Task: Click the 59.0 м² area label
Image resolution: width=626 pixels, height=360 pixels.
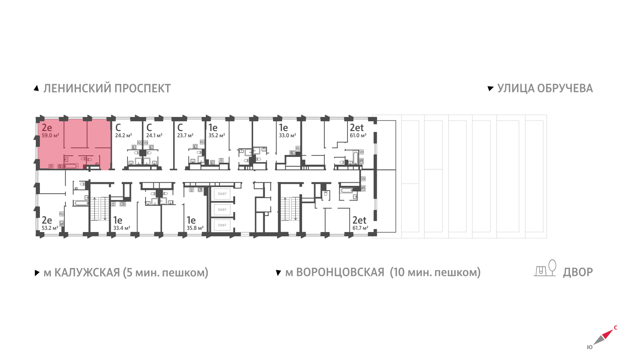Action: pyautogui.click(x=50, y=135)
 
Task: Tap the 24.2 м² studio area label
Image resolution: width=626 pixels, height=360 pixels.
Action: pyautogui.click(x=124, y=135)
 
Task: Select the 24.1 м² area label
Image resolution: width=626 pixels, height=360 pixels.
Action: pyautogui.click(x=154, y=135)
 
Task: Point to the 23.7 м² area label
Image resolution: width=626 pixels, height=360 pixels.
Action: pyautogui.click(x=185, y=135)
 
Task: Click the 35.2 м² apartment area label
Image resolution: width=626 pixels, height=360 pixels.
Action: pyautogui.click(x=217, y=135)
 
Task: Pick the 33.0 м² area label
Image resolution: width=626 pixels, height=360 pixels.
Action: pyautogui.click(x=287, y=135)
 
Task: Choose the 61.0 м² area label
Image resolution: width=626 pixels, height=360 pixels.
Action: pyautogui.click(x=358, y=135)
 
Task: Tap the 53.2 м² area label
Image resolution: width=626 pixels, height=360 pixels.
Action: pyautogui.click(x=50, y=228)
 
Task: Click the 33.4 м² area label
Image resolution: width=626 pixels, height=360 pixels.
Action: pyautogui.click(x=122, y=228)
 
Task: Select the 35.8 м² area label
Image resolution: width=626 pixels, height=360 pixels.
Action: pyautogui.click(x=195, y=228)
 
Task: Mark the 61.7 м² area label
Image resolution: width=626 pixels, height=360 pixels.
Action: pyautogui.click(x=360, y=228)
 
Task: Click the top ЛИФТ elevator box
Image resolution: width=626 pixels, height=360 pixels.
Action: pyautogui.click(x=222, y=194)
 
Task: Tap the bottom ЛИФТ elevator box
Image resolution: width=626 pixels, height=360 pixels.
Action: pyautogui.click(x=222, y=225)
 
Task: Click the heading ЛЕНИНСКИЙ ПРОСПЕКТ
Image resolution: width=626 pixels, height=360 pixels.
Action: pyautogui.click(x=107, y=88)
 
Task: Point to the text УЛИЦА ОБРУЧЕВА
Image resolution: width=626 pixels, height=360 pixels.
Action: pyautogui.click(x=545, y=88)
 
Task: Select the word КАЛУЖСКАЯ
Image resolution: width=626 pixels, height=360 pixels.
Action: pyautogui.click(x=87, y=272)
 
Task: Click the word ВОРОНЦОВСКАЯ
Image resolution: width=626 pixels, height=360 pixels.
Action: pyautogui.click(x=340, y=272)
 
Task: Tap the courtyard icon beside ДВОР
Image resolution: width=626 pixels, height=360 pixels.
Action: pyautogui.click(x=545, y=268)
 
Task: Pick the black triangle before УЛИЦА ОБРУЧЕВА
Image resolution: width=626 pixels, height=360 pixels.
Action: pyautogui.click(x=491, y=89)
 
